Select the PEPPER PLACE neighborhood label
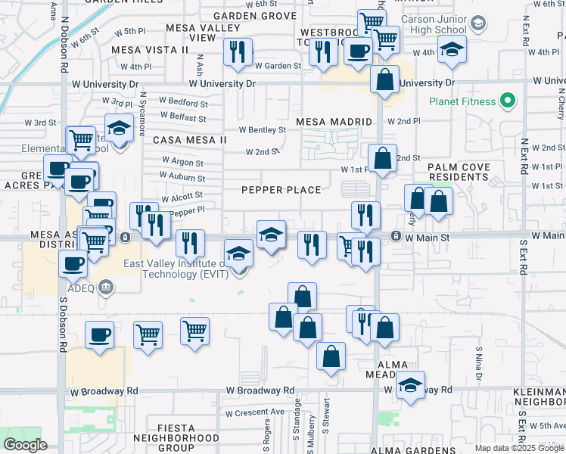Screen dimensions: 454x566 [x=281, y=190]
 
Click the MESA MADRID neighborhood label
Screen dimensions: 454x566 [x=334, y=122]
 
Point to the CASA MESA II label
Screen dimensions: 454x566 [x=189, y=140]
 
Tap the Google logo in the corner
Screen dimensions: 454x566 [x=25, y=445]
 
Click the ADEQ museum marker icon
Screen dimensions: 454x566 [x=105, y=286]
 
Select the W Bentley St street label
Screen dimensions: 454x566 [x=262, y=129]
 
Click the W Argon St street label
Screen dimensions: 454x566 [x=182, y=162]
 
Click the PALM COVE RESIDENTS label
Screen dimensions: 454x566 [x=459, y=172]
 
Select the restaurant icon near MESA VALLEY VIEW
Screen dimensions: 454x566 [x=238, y=52]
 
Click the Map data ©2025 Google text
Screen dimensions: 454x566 [x=519, y=448]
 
